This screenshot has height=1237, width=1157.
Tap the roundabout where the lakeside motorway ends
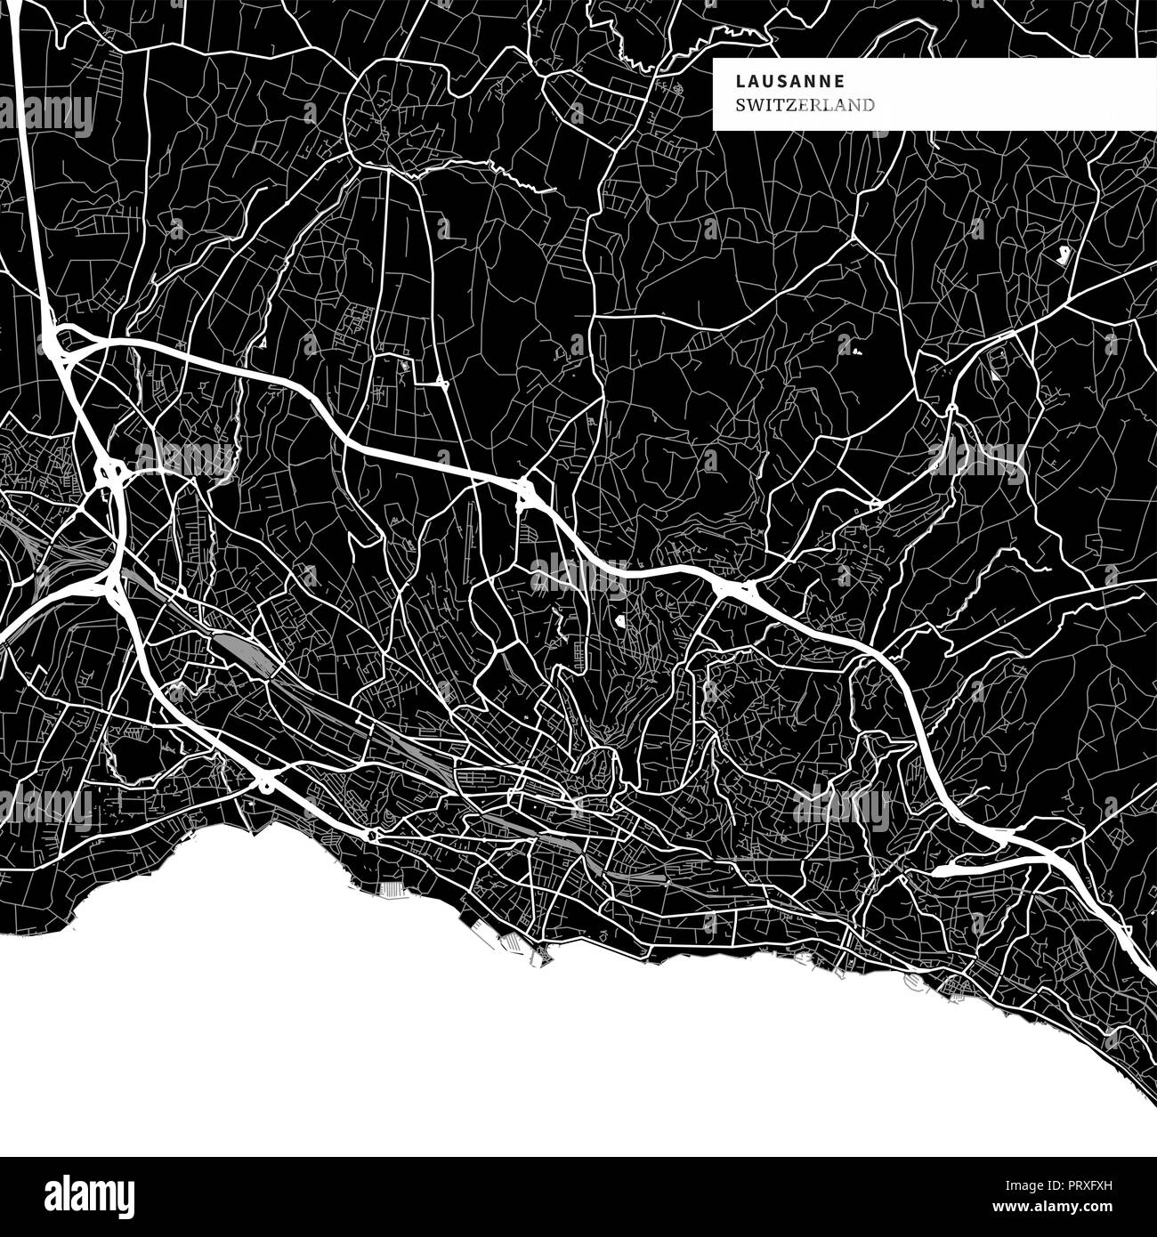point(370,835)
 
